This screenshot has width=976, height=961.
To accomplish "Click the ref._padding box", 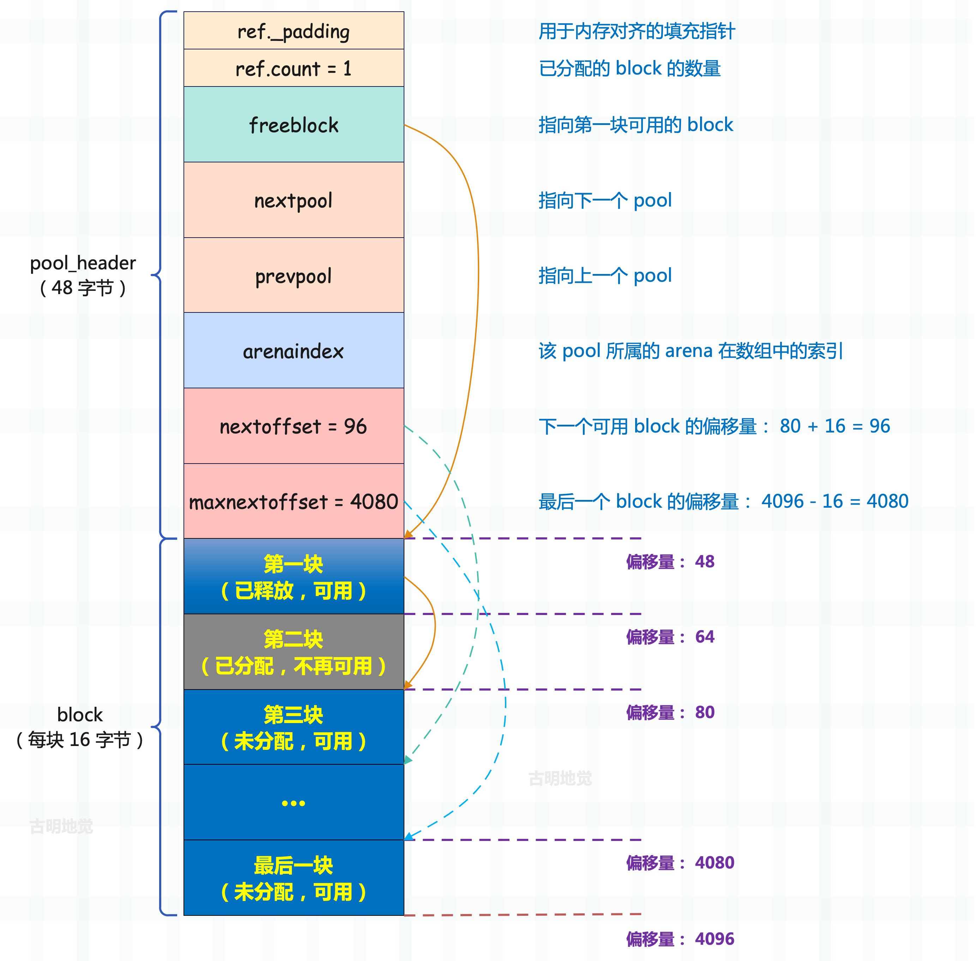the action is tap(294, 30).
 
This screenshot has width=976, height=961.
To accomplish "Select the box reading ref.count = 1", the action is tap(294, 68).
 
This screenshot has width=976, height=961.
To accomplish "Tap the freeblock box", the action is tap(294, 124).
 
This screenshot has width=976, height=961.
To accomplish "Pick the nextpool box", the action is tap(294, 200).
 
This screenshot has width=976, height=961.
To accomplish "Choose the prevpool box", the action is tap(294, 275).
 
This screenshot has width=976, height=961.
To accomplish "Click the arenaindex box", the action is tap(294, 350).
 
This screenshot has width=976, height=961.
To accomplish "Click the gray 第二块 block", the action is tap(294, 652).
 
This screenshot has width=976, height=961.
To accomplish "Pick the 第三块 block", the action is tap(294, 727).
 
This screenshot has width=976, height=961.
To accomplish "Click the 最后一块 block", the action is tap(294, 878).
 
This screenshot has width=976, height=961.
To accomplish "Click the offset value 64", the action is tap(705, 637).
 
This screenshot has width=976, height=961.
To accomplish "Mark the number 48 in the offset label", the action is tap(705, 562).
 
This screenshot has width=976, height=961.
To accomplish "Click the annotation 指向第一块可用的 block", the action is tap(635, 125).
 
